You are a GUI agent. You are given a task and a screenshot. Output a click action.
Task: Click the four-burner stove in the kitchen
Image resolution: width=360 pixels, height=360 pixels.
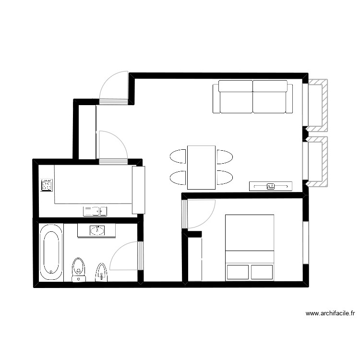click(x=47, y=185)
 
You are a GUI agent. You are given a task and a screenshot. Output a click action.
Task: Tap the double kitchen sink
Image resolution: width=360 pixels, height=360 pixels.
click(x=95, y=211)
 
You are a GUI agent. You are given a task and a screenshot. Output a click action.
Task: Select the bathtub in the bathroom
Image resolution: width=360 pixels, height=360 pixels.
click(x=51, y=252)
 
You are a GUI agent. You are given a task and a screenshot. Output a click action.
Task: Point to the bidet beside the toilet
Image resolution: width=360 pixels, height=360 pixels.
click(x=101, y=272)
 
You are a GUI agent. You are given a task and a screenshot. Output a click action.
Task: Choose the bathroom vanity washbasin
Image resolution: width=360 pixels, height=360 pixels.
click(x=97, y=231)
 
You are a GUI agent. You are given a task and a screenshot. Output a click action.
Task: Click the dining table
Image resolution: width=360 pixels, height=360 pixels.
click(x=201, y=168)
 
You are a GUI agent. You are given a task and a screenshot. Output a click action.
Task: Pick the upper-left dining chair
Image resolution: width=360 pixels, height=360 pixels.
click(x=178, y=157)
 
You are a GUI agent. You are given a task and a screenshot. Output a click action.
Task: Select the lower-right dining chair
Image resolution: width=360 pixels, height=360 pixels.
click(x=224, y=178)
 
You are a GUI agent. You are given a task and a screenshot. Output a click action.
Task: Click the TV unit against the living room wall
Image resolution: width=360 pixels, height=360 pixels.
click(x=270, y=186)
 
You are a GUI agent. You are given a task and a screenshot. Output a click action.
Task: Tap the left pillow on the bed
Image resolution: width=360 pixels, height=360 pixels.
click(x=238, y=272)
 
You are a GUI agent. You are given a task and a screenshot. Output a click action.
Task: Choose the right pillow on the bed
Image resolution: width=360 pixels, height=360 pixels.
click(x=262, y=272)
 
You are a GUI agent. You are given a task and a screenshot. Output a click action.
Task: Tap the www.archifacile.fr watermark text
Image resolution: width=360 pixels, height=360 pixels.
click(x=330, y=314)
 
